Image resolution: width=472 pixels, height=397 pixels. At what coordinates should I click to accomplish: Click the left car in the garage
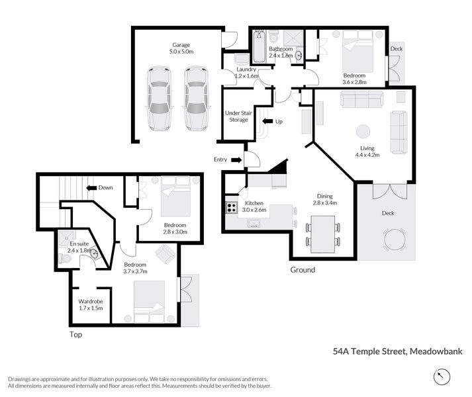159,98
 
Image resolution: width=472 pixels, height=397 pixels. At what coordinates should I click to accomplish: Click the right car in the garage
195,98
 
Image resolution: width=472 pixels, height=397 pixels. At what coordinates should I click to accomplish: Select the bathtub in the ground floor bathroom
259,46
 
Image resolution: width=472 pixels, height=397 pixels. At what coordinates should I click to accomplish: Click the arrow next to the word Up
267,122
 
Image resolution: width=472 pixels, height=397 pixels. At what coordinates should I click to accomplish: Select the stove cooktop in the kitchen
232,207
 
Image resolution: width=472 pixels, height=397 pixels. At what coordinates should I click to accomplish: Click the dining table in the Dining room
324,234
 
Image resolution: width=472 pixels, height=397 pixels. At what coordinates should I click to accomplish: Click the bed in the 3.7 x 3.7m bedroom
150,300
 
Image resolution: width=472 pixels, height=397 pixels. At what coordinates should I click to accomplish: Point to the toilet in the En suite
64,259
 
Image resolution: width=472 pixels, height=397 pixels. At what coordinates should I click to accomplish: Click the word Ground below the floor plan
303,270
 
